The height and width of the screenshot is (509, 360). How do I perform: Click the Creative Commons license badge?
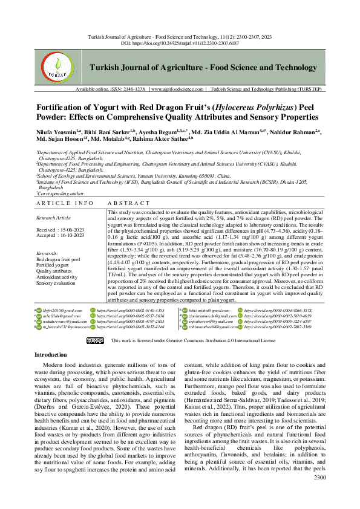click(94, 340)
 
